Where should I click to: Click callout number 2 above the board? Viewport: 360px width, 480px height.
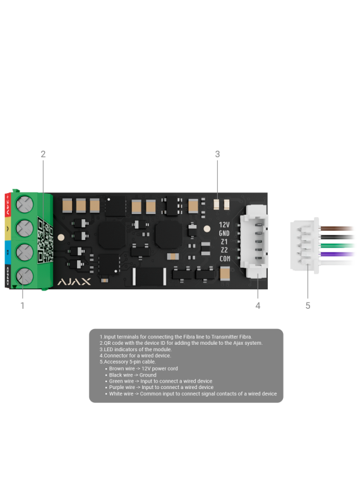[x=43, y=154]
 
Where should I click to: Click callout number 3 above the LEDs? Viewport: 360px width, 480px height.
[x=217, y=154]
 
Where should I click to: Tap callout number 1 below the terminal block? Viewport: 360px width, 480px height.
[x=22, y=306]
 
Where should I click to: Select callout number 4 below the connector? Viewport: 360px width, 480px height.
[x=258, y=306]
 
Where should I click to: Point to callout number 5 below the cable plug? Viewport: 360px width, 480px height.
[x=308, y=306]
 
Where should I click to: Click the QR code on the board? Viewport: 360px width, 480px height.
[x=45, y=240]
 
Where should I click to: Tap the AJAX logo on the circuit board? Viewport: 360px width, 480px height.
[x=74, y=282]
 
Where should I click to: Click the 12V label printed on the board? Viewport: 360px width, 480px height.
[x=224, y=225]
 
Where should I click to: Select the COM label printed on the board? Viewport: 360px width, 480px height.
[x=225, y=259]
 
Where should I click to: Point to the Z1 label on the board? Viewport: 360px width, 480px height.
[x=224, y=242]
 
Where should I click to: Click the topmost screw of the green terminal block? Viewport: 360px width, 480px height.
[x=25, y=204]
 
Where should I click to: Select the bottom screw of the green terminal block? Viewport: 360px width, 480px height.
[x=25, y=277]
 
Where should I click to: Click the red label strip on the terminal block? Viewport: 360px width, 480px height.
[x=8, y=205]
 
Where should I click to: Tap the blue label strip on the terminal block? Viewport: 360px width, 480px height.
[x=8, y=253]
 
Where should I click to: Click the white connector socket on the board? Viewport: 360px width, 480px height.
[x=254, y=241]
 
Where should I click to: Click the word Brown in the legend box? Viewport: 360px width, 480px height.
[x=116, y=369]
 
